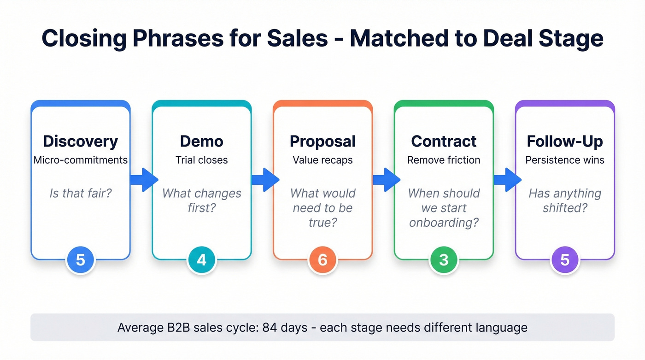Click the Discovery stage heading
click(80, 141)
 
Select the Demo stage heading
click(201, 141)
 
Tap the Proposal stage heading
click(322, 141)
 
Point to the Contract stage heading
click(444, 141)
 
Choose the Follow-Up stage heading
click(565, 141)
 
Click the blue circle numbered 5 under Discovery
click(80, 260)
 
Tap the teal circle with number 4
click(201, 260)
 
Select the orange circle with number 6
click(322, 260)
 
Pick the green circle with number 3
click(444, 260)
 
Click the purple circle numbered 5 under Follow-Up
click(565, 260)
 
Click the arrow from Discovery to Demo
click(144, 180)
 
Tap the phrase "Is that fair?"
click(80, 193)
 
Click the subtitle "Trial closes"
click(201, 160)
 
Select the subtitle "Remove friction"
click(444, 160)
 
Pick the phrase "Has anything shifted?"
click(565, 200)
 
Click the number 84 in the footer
click(271, 328)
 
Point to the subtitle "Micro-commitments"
click(80, 160)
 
